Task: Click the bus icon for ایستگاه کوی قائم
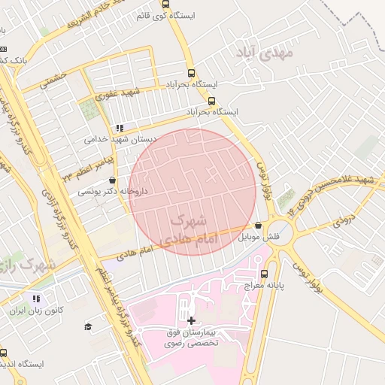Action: [x=165, y=3]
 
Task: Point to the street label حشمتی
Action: [x=54, y=79]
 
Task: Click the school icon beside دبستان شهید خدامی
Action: [x=120, y=128]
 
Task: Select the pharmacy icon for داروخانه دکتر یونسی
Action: [x=113, y=180]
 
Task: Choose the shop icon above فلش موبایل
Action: [x=259, y=225]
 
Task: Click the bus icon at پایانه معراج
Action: [x=264, y=273]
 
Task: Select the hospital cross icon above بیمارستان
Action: [x=191, y=320]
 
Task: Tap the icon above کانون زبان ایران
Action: [x=36, y=299]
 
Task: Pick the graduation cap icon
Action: [x=88, y=326]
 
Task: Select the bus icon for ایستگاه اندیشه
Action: [x=3, y=353]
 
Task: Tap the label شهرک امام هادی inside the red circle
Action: [x=189, y=229]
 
